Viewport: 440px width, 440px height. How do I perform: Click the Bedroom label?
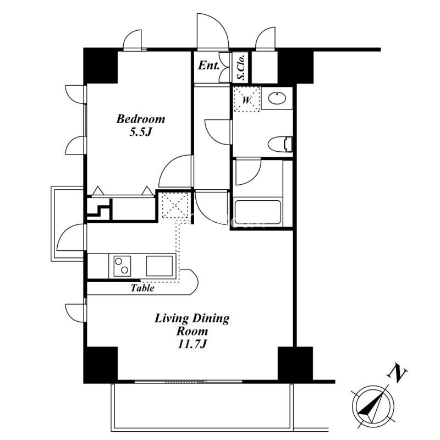click(141, 119)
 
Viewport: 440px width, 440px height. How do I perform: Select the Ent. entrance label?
click(208, 65)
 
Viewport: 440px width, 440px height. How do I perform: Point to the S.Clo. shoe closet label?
click(241, 67)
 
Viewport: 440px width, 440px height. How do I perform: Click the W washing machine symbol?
click(246, 100)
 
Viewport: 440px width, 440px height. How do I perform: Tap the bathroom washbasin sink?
click(277, 98)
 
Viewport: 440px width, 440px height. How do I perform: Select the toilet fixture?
click(280, 144)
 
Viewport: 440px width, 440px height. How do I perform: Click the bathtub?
click(257, 212)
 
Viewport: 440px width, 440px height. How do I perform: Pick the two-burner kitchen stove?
click(122, 266)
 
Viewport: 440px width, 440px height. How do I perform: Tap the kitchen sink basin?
click(159, 266)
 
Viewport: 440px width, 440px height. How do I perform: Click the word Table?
click(142, 288)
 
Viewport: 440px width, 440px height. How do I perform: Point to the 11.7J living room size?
click(192, 344)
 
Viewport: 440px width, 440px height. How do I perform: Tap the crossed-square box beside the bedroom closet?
click(175, 205)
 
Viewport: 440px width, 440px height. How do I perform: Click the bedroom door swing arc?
click(168, 164)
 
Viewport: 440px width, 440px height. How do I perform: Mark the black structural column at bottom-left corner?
click(101, 365)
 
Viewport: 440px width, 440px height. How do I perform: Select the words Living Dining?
click(192, 319)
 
